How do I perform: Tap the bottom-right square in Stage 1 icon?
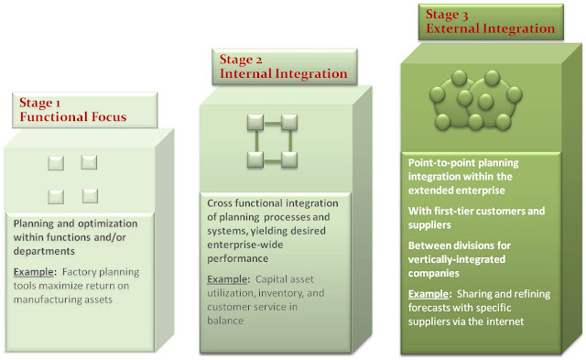[89, 195]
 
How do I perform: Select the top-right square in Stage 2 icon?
[289, 122]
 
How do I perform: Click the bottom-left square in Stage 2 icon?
[255, 158]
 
